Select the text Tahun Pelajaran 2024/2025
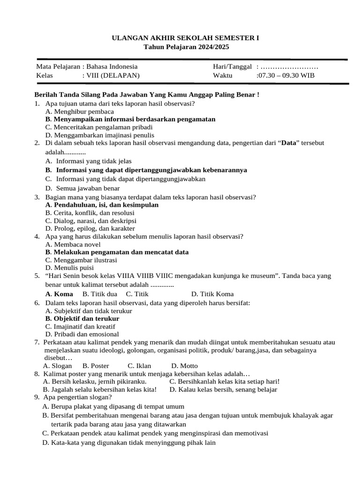[187, 47]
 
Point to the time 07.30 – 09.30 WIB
[286, 75]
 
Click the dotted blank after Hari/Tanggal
[290, 67]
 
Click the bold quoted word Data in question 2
[289, 143]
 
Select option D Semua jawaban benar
[84, 188]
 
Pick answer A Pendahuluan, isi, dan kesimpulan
[102, 205]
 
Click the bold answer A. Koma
[59, 294]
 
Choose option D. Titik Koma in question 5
[212, 294]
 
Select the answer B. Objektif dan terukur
[82, 319]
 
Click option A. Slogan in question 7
[57, 366]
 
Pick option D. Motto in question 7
[184, 366]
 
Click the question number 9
[37, 397]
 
